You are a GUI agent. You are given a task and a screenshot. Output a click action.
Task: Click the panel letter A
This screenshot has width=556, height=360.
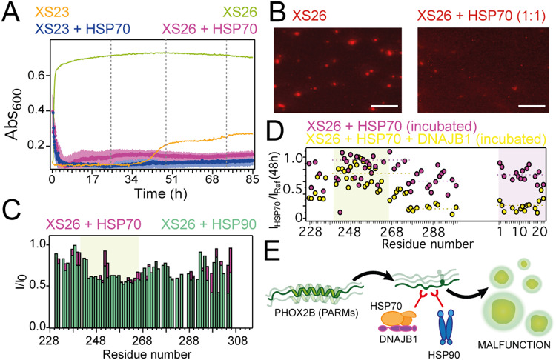[11, 10]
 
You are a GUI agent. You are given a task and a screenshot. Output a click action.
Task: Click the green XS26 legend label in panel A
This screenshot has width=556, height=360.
[236, 10]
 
